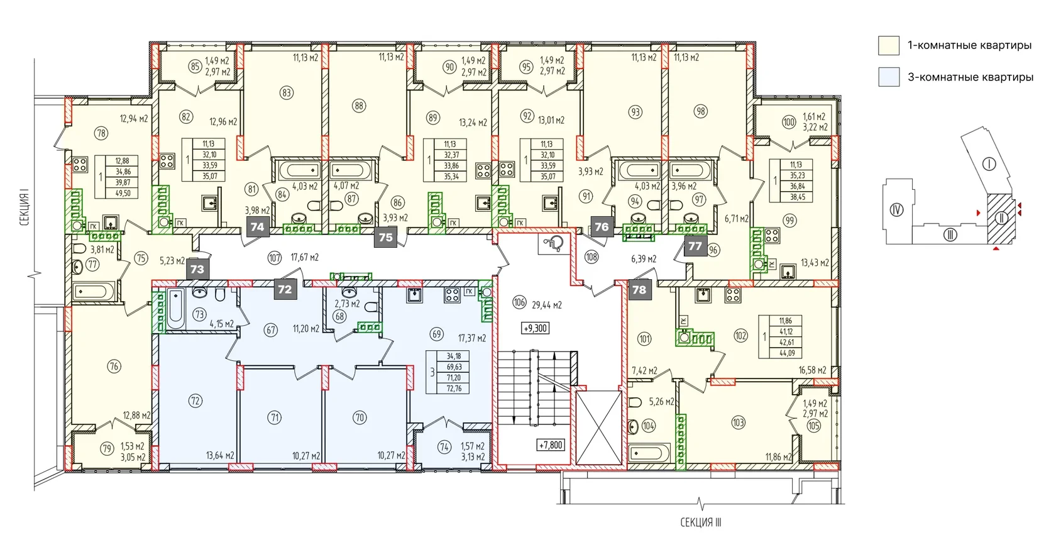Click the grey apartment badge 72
point(285,289)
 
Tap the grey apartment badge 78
point(639,289)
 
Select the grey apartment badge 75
point(386,237)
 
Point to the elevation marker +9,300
point(536,328)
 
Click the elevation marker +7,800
point(550,445)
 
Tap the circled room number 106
point(519,302)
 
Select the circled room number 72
point(195,401)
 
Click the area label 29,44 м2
point(547,305)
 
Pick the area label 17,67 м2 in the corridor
point(304,257)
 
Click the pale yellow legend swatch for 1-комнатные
point(889,46)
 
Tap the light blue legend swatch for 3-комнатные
point(889,77)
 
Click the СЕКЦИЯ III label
point(700,522)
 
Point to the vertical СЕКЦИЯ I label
point(25,207)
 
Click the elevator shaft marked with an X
point(599,428)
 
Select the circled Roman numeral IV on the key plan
point(896,209)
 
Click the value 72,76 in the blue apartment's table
point(454,389)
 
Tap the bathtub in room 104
point(649,453)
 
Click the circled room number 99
point(789,221)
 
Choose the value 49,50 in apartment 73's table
point(123,193)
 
